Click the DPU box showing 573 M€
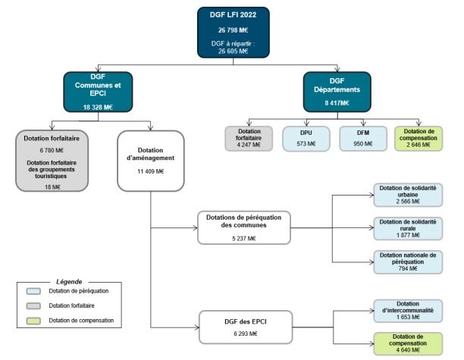point(305,138)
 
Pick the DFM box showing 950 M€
point(359,138)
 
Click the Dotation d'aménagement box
point(152,160)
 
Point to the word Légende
point(70,282)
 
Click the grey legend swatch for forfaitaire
point(33,305)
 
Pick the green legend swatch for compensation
point(33,321)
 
